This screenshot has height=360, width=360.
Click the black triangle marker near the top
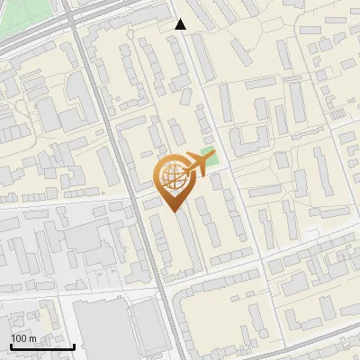click(181, 24)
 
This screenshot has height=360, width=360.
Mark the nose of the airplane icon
click(213, 156)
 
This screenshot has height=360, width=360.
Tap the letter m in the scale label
click(32, 338)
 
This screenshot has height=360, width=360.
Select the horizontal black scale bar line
click(42, 346)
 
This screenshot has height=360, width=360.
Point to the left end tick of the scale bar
click(11, 345)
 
